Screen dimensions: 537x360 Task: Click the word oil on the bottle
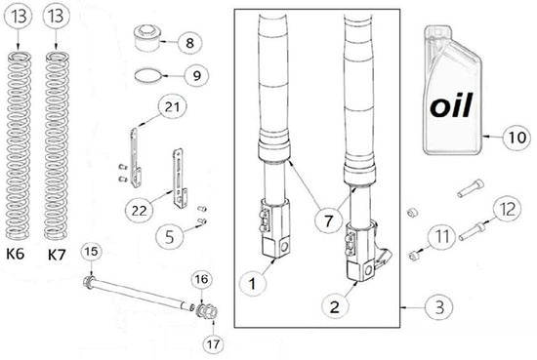[x=451, y=105]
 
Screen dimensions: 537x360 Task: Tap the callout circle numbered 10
[x=517, y=138]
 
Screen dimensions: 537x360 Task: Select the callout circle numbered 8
[x=189, y=42]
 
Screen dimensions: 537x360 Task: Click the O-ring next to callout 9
[x=147, y=76]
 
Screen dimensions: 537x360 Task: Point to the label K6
[x=16, y=254]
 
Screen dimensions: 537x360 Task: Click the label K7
[x=57, y=255]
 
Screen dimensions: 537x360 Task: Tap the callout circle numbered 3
[x=439, y=306]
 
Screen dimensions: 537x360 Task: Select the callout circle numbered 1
[x=253, y=283]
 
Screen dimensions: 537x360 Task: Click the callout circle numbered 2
[x=335, y=306]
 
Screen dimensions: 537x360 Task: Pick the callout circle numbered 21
[x=172, y=106]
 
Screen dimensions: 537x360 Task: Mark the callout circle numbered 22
[x=140, y=210]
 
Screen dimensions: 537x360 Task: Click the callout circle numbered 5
[x=169, y=237]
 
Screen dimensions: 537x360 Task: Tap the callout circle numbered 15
[x=91, y=252]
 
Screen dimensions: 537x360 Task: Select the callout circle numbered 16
[x=202, y=279]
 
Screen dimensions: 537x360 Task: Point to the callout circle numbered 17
[x=213, y=343]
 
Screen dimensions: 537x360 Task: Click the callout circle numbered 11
[x=442, y=236]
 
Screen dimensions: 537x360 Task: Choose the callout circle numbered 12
[x=507, y=209]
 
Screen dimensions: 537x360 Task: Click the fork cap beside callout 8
[x=146, y=38]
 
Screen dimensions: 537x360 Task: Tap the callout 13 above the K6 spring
[x=18, y=16]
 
